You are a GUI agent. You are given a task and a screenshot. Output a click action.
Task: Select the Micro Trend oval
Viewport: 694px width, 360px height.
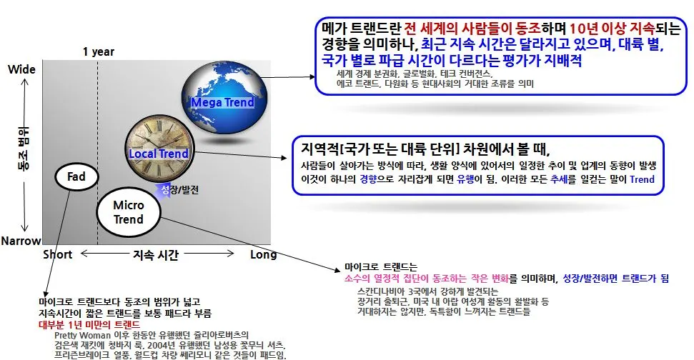pos(129,212)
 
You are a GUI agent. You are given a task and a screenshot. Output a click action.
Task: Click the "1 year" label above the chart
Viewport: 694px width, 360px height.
pos(98,51)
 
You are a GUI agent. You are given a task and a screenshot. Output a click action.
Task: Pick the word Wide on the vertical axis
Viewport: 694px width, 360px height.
pos(21,69)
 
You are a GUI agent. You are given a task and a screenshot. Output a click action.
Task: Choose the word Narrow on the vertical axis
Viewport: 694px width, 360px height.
pos(21,241)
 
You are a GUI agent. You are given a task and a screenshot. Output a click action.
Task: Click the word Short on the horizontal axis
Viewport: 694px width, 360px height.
pos(57,255)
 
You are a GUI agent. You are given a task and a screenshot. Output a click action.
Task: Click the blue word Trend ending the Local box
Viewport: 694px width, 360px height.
pos(642,179)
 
